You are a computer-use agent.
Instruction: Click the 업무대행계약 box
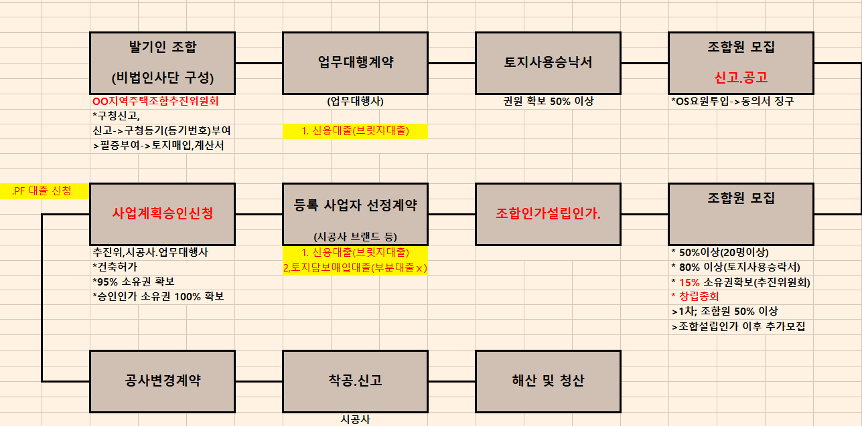[355, 63]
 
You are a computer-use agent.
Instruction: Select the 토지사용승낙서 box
[548, 63]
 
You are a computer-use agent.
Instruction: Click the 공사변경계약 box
[162, 381]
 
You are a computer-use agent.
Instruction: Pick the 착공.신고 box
[355, 381]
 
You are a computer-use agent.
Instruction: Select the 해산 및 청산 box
[548, 381]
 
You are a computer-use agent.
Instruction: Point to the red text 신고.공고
[741, 78]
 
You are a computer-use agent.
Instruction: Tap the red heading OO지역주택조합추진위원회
[155, 102]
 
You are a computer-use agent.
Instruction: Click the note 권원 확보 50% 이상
[548, 102]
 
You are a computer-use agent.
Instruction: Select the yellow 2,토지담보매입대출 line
[355, 268]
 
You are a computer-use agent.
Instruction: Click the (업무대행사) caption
[355, 102]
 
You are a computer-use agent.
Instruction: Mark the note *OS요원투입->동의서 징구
[732, 102]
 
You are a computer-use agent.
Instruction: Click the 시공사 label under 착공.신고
[355, 419]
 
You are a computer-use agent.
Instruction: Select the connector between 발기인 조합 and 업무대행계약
[259, 63]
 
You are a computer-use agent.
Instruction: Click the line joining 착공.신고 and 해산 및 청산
[451, 381]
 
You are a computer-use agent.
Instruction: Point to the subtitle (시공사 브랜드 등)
[355, 237]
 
